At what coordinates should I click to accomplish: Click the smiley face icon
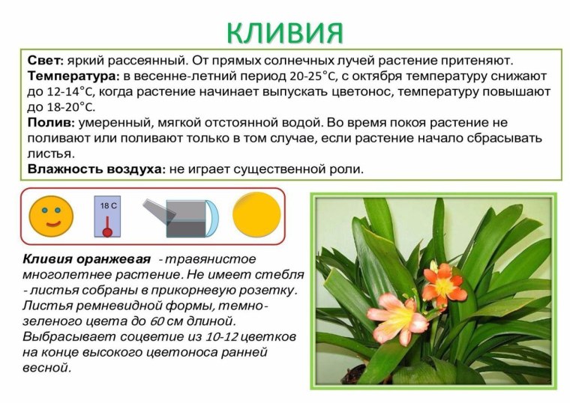point(51,216)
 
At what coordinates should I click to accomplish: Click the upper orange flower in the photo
point(443,282)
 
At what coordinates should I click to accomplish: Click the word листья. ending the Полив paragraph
point(50,153)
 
